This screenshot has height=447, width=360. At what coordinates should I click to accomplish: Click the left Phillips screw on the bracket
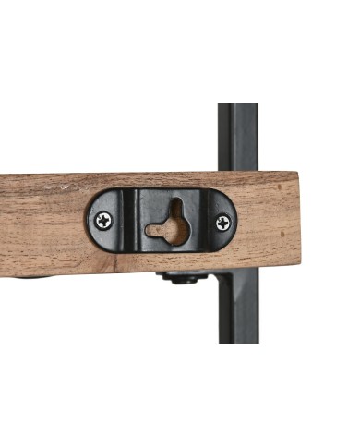[x=103, y=221]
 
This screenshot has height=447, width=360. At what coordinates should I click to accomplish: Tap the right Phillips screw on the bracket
[x=223, y=223]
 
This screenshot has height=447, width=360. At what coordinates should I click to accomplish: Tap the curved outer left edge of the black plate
[x=90, y=223]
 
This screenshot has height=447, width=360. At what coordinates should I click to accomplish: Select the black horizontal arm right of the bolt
[x=210, y=277]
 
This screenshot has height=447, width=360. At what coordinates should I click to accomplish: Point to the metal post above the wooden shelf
[x=237, y=139]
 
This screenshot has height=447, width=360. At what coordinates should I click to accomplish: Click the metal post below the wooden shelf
[x=237, y=314]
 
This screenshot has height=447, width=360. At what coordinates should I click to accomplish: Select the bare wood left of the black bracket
[x=42, y=222]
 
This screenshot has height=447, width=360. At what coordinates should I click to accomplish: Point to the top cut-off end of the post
[x=237, y=106]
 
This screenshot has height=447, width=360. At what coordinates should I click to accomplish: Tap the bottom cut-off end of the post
[x=237, y=340]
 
